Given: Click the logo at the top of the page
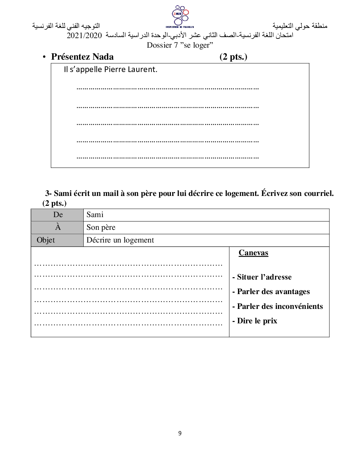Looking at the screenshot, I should click(x=180, y=16).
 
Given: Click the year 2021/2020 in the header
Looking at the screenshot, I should click(x=84, y=36).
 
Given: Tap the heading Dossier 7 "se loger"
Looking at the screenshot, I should click(x=180, y=45).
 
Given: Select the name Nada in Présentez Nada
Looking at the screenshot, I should click(x=103, y=57).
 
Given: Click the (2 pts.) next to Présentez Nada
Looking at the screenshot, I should click(x=233, y=57).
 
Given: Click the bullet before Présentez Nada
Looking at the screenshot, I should click(x=44, y=57).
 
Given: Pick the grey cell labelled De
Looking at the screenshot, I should click(x=58, y=215).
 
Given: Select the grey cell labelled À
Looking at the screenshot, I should click(x=58, y=227).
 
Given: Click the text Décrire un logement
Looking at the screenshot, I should click(x=120, y=240).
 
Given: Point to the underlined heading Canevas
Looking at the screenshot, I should click(x=253, y=253).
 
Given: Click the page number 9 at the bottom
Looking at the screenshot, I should click(x=180, y=433).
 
